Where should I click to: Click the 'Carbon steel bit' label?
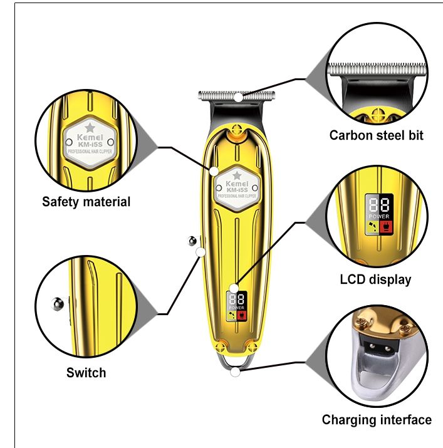[x=377, y=135]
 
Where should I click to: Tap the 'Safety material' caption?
[x=86, y=202]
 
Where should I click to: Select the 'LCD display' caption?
[x=375, y=279]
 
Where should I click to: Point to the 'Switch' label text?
[x=86, y=373]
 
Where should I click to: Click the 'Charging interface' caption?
[x=377, y=420]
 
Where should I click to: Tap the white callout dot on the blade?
[x=238, y=97]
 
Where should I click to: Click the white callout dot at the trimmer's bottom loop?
[x=235, y=372]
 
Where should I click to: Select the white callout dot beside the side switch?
[x=201, y=252]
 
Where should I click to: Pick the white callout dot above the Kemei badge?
[x=214, y=170]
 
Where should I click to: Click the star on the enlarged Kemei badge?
[x=90, y=128]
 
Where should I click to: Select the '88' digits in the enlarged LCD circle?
[x=378, y=206]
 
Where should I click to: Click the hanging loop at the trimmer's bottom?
[x=234, y=363]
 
